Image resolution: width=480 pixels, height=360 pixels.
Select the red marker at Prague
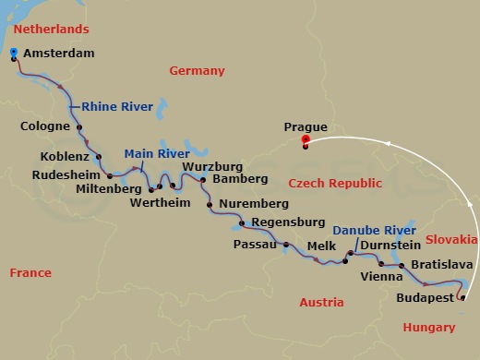[x=306, y=140]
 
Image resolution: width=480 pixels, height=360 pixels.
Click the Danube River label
[x=374, y=230]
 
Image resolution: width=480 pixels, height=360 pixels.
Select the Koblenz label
[x=65, y=156]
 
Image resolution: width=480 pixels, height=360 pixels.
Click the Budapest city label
[x=425, y=298]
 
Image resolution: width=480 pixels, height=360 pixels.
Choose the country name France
[x=30, y=272]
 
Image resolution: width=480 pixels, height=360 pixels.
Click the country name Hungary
[x=429, y=328]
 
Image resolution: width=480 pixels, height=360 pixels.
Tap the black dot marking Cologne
[x=79, y=128]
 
